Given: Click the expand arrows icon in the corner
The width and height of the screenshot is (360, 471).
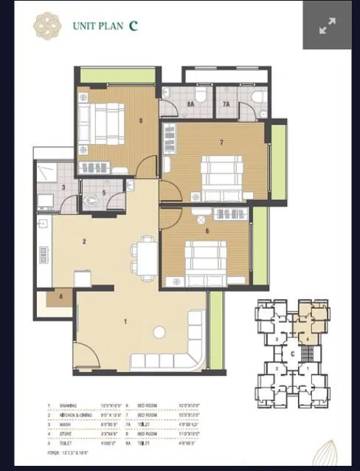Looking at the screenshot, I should (327, 26).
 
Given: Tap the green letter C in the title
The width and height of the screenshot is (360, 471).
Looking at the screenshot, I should (133, 25).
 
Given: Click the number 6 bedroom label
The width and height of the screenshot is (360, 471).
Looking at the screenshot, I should (207, 231).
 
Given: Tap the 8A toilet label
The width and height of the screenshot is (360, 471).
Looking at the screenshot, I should (190, 105).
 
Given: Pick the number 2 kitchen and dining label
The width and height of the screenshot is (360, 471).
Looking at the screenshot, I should (85, 241).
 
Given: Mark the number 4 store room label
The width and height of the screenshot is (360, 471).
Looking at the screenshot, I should (61, 298).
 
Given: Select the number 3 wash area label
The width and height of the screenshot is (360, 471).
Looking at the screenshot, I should (63, 188).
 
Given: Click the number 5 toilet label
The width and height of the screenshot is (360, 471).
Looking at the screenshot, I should (104, 193).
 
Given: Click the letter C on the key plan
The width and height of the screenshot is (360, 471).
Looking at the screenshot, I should (293, 353).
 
